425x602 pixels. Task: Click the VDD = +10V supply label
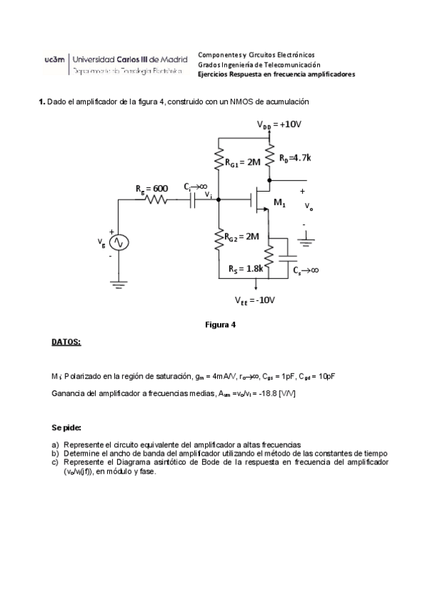pos(280,124)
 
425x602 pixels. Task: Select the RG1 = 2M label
pos(243,163)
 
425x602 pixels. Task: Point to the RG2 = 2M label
pos(242,236)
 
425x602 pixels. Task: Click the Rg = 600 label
pos(152,188)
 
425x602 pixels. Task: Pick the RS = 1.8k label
pos(246,269)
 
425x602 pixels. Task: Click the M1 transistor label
pos(280,204)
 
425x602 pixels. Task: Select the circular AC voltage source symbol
pos(119,242)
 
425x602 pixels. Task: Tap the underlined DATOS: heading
pos(66,342)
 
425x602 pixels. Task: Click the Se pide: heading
pos(66,428)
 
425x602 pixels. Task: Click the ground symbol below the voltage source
pos(119,285)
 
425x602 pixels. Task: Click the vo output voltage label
pos(308,207)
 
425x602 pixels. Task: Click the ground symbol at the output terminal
pos(307,243)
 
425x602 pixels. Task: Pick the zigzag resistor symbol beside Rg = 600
pos(155,201)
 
